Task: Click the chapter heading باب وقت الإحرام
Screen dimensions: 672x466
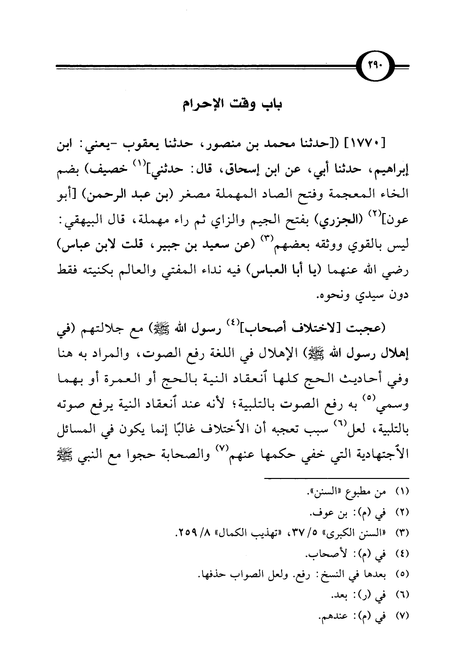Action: (x=233, y=104)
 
